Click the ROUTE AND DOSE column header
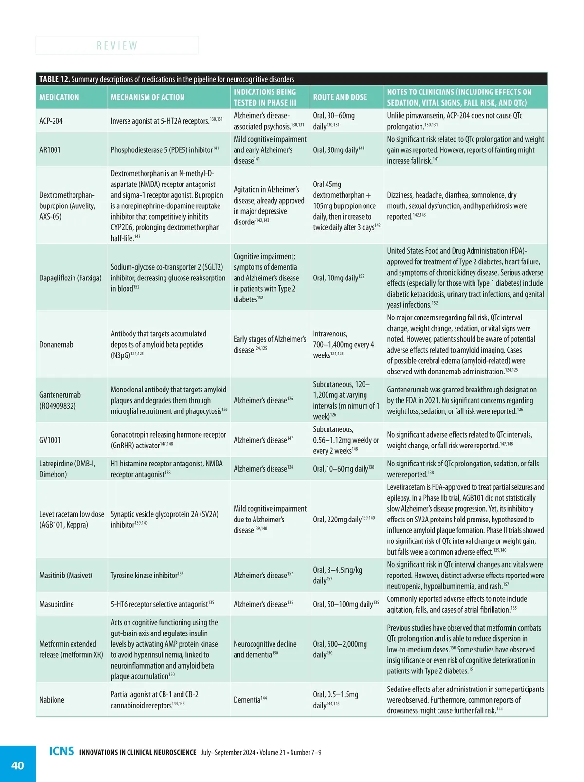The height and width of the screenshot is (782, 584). tap(340, 97)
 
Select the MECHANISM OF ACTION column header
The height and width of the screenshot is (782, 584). tap(147, 97)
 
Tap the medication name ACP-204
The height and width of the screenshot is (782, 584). tap(51, 121)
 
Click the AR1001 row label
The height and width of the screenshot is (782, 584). tap(50, 150)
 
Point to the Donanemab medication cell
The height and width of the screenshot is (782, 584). tap(56, 344)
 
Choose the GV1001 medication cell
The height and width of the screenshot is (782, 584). tap(50, 440)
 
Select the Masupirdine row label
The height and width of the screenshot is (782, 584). tap(56, 604)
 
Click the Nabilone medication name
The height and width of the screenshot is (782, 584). tap(52, 700)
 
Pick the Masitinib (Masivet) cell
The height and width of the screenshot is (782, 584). tap(66, 575)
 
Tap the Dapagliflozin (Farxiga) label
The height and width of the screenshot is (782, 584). tap(70, 278)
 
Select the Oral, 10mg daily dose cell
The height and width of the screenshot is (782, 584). tap(338, 278)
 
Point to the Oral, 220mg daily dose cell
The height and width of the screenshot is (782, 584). tap(344, 520)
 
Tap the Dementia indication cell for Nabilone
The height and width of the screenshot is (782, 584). tap(250, 700)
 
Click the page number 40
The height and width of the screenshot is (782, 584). tap(18, 765)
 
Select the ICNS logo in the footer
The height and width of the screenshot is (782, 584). tap(61, 751)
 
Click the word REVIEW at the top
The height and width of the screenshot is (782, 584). tap(117, 45)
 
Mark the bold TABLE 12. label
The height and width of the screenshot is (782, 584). tap(55, 79)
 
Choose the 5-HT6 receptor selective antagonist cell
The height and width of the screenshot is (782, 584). tap(162, 604)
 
